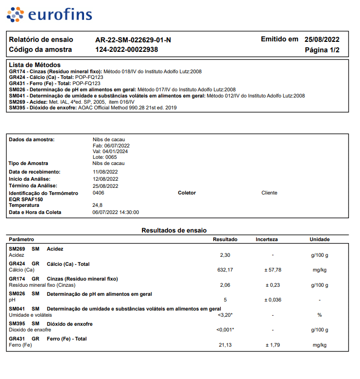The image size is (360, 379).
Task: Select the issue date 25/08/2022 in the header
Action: pyautogui.click(x=322, y=39)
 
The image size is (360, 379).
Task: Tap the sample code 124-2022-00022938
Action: pyautogui.click(x=127, y=49)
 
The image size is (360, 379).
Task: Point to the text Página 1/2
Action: pyautogui.click(x=322, y=50)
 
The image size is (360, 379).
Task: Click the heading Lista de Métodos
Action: pyautogui.click(x=35, y=65)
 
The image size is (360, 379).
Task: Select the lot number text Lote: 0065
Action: pyautogui.click(x=104, y=157)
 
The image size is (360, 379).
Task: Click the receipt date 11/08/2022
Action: pyautogui.click(x=105, y=172)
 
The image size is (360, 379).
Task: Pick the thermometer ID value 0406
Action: pyautogui.click(x=98, y=193)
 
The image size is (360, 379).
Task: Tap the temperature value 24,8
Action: pyautogui.click(x=97, y=205)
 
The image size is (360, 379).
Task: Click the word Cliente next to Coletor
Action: pyautogui.click(x=269, y=193)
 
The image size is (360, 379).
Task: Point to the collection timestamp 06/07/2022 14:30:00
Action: pyautogui.click(x=116, y=213)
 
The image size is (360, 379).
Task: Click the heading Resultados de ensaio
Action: pyautogui.click(x=174, y=230)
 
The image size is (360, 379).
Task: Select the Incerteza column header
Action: pyautogui.click(x=266, y=239)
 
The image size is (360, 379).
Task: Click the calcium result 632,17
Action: pyautogui.click(x=225, y=270)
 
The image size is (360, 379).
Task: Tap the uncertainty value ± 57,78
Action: pyautogui.click(x=273, y=270)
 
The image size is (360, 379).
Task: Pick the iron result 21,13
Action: pyautogui.click(x=225, y=345)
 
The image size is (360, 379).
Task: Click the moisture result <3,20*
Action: pyautogui.click(x=225, y=315)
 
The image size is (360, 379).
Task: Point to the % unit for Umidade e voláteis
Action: pyautogui.click(x=320, y=315)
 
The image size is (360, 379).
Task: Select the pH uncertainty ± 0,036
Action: pyautogui.click(x=273, y=300)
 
